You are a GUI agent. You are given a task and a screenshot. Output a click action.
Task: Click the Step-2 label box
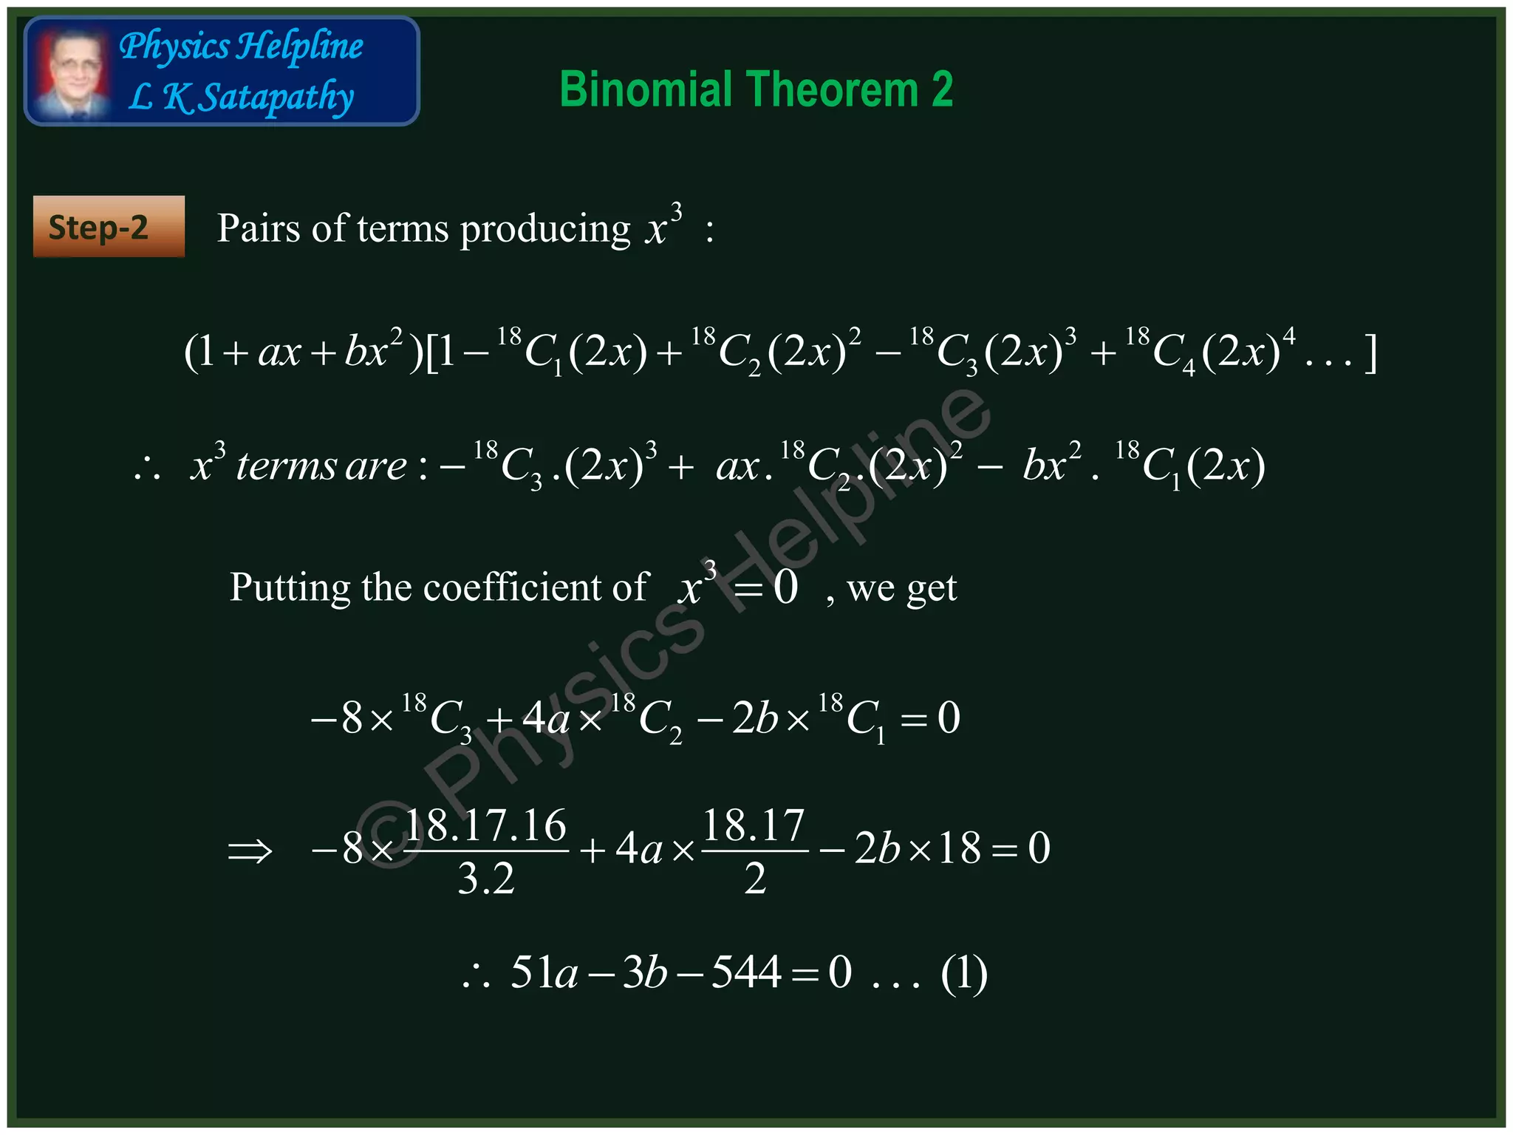coord(109,227)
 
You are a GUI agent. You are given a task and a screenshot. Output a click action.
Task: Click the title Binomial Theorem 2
coord(756,89)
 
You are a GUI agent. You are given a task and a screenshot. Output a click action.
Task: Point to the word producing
coord(545,229)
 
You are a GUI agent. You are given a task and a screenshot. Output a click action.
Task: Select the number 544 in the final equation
coord(746,972)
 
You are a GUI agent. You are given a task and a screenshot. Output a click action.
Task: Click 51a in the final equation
coord(544,972)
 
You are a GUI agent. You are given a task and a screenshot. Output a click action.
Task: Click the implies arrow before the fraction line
coord(250,851)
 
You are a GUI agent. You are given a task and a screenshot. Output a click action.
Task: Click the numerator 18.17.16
coord(485,825)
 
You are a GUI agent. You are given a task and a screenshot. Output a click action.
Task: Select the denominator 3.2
coord(485,879)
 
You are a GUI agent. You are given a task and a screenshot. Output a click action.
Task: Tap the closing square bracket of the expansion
coord(1370,352)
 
